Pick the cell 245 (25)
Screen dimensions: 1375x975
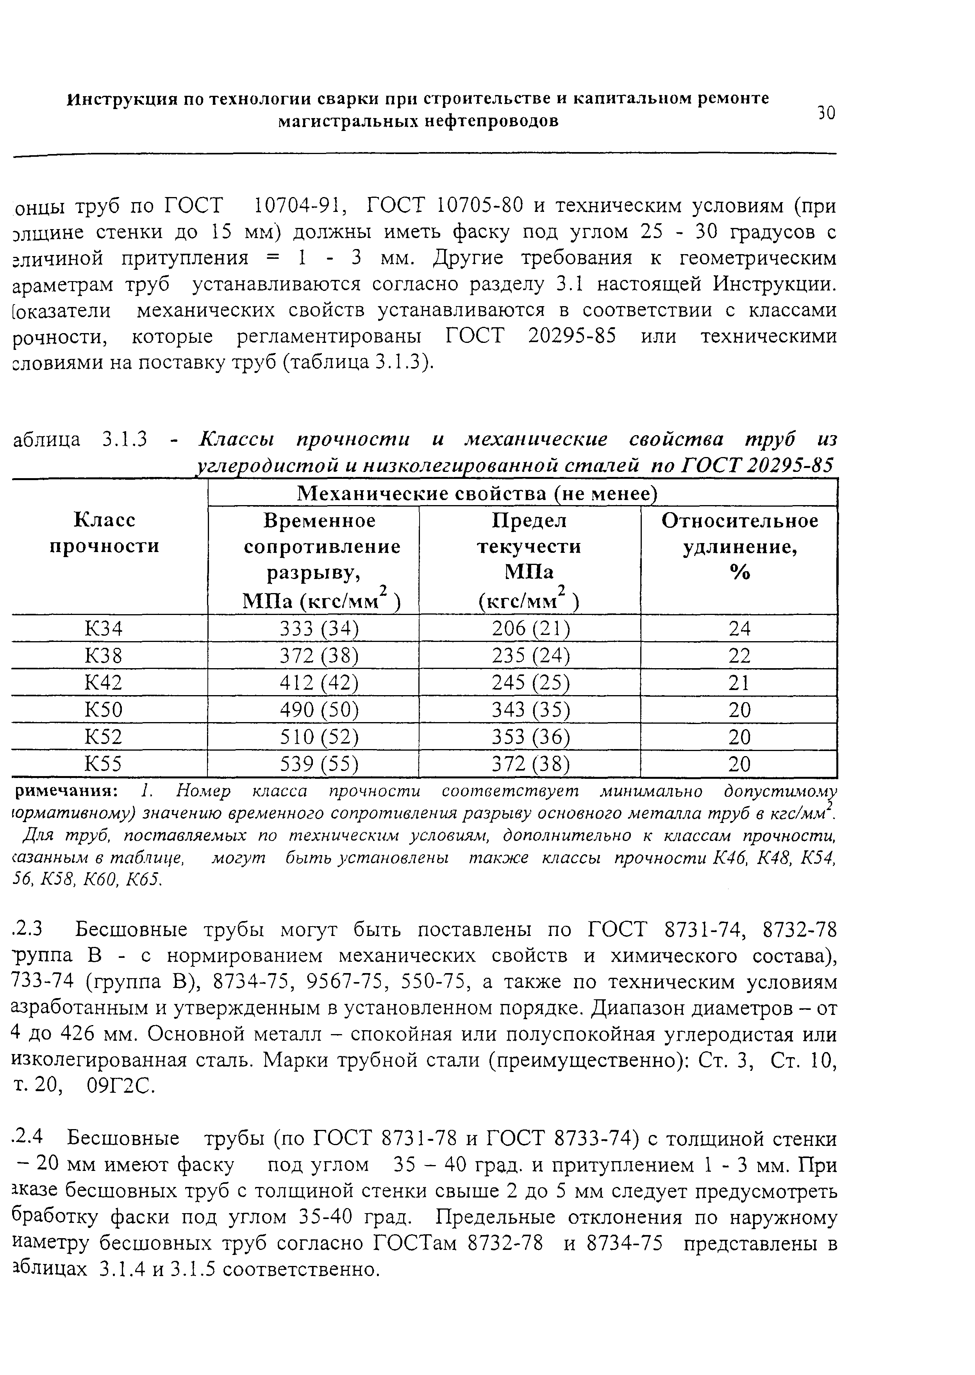530,682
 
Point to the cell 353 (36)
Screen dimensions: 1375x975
530,737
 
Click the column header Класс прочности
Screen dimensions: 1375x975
104,533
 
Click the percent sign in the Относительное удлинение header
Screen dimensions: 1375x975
740,573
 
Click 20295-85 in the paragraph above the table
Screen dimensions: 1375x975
572,336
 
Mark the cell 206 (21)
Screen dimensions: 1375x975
530,628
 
